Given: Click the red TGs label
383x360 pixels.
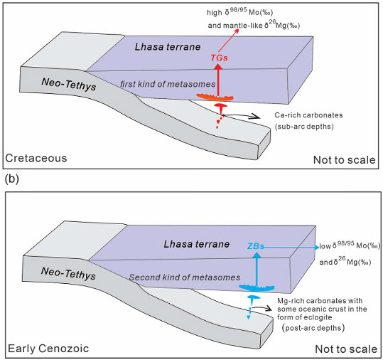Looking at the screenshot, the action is click(x=219, y=58).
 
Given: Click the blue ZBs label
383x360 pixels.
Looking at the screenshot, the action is click(x=256, y=246).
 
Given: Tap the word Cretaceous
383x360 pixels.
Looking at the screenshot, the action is click(x=36, y=158).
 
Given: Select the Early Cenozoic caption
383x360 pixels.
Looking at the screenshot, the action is click(x=48, y=349).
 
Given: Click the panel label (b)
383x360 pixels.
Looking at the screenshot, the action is click(x=11, y=179).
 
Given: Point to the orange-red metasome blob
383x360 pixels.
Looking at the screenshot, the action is click(x=215, y=97).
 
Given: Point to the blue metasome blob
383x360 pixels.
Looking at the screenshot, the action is click(x=257, y=288).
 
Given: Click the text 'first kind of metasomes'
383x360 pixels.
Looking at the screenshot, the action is click(x=168, y=84).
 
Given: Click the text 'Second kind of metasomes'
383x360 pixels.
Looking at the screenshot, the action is click(x=185, y=277).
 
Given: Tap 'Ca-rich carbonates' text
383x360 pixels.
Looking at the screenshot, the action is click(x=308, y=115).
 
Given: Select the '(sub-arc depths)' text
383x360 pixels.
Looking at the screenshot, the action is click(x=304, y=127).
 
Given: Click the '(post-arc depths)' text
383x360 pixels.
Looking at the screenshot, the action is click(x=313, y=327).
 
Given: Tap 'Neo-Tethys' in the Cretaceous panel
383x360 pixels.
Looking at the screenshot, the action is click(x=69, y=84).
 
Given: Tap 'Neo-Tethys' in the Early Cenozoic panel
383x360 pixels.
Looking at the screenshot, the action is click(x=68, y=273).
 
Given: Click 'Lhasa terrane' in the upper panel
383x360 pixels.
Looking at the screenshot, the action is click(x=168, y=47).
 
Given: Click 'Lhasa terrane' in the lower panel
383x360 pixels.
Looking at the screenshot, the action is click(x=196, y=244).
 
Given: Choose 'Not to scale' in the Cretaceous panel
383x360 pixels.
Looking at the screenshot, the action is click(x=344, y=160).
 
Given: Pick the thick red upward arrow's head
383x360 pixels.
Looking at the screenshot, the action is click(x=218, y=66).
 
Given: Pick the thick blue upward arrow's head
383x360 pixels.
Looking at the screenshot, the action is click(x=257, y=255).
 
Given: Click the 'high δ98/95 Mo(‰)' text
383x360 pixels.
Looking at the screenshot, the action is click(x=240, y=11).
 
